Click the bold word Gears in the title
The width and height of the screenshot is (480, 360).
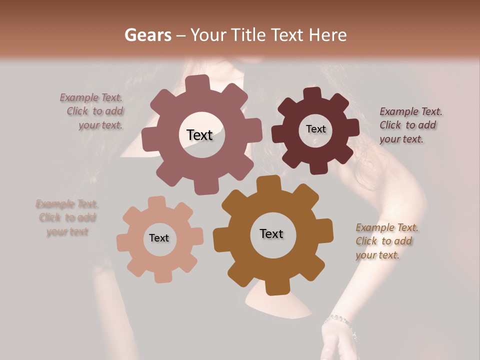[147, 35]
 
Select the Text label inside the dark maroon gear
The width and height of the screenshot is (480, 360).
[315, 129]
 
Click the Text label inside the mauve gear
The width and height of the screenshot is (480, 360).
[199, 135]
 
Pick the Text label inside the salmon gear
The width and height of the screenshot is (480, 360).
[159, 238]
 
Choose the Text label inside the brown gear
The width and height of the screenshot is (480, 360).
[271, 233]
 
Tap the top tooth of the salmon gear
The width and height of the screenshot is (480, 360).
[157, 202]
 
